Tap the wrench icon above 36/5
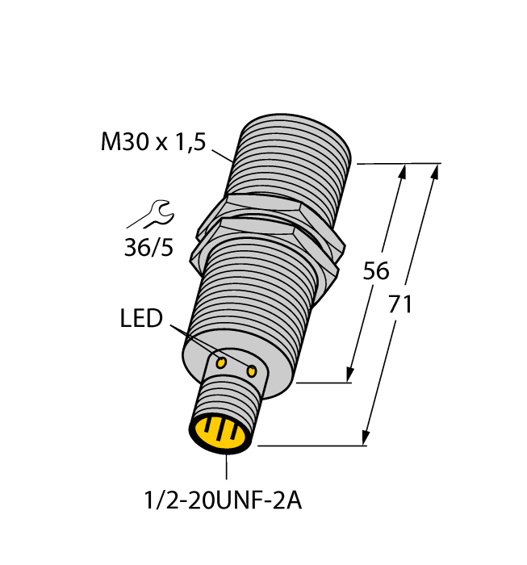coord(151,216)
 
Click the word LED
coord(142,319)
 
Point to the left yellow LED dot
coord(220,363)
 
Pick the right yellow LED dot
coord(253,371)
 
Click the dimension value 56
coord(376,271)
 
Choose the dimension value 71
coord(400,305)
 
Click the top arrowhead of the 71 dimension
coord(436,171)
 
